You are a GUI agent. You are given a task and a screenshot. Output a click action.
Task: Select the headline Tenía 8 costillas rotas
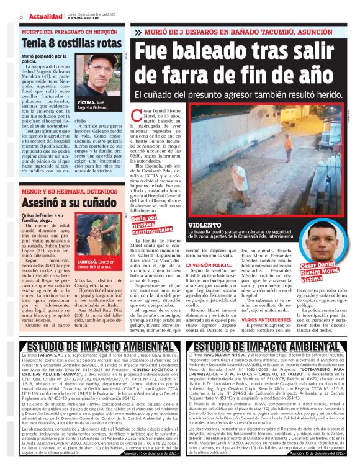pyautogui.click(x=71, y=45)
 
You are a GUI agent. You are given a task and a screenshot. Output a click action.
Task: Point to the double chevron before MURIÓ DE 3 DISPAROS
pyautogui.click(x=137, y=30)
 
